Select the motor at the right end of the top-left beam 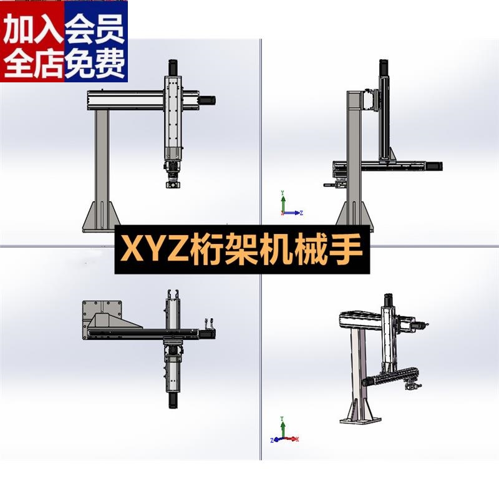tap(208, 99)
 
